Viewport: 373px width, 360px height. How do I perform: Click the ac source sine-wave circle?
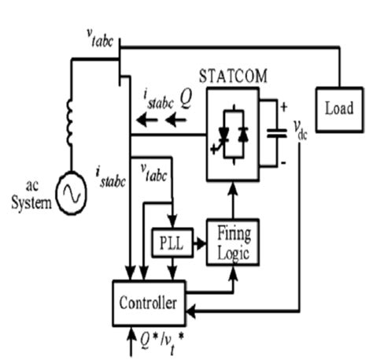[72, 191]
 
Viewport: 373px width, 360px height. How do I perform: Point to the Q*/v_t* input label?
[157, 342]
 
